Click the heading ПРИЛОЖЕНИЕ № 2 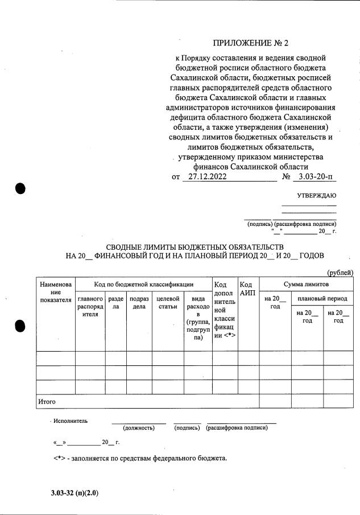pyautogui.click(x=255, y=43)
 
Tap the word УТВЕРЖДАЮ pyautogui.click(x=316, y=196)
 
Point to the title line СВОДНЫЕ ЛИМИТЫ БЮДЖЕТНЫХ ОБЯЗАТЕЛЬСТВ pyautogui.click(x=195, y=246)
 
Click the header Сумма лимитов pyautogui.click(x=306, y=284)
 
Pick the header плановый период pyautogui.click(x=322, y=299)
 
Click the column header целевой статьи pyautogui.click(x=168, y=303)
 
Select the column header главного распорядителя pyautogui.click(x=90, y=306)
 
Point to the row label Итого pyautogui.click(x=47, y=402)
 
